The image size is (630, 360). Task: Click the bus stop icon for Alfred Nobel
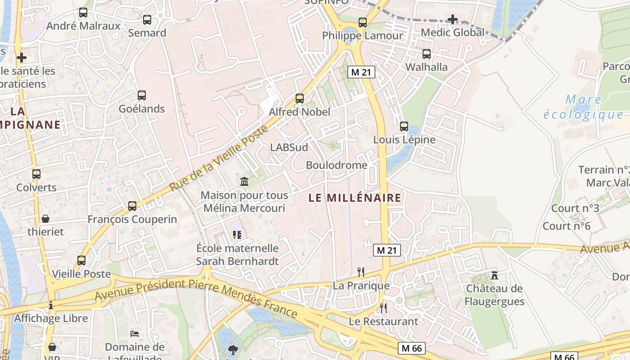click(x=300, y=98)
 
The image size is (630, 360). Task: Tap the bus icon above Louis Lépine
click(x=404, y=126)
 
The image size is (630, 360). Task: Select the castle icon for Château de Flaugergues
click(x=495, y=274)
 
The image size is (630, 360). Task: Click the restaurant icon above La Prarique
click(x=360, y=272)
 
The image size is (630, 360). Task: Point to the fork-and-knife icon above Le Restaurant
click(x=383, y=308)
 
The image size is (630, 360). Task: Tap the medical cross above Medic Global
click(x=453, y=19)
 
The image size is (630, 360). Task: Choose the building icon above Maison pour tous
click(x=244, y=181)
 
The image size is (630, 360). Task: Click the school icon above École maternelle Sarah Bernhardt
click(x=237, y=234)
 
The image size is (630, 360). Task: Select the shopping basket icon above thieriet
click(x=45, y=219)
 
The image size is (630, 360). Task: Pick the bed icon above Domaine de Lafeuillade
click(x=135, y=333)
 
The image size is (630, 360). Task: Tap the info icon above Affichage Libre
click(x=51, y=305)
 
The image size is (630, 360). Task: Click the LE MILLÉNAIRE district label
click(x=355, y=198)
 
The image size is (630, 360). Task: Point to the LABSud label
click(x=289, y=148)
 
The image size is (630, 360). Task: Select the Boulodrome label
click(x=337, y=165)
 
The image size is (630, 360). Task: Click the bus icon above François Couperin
click(x=132, y=206)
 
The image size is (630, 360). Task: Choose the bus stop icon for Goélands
click(x=142, y=95)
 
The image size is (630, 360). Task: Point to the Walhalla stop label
click(x=427, y=67)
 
